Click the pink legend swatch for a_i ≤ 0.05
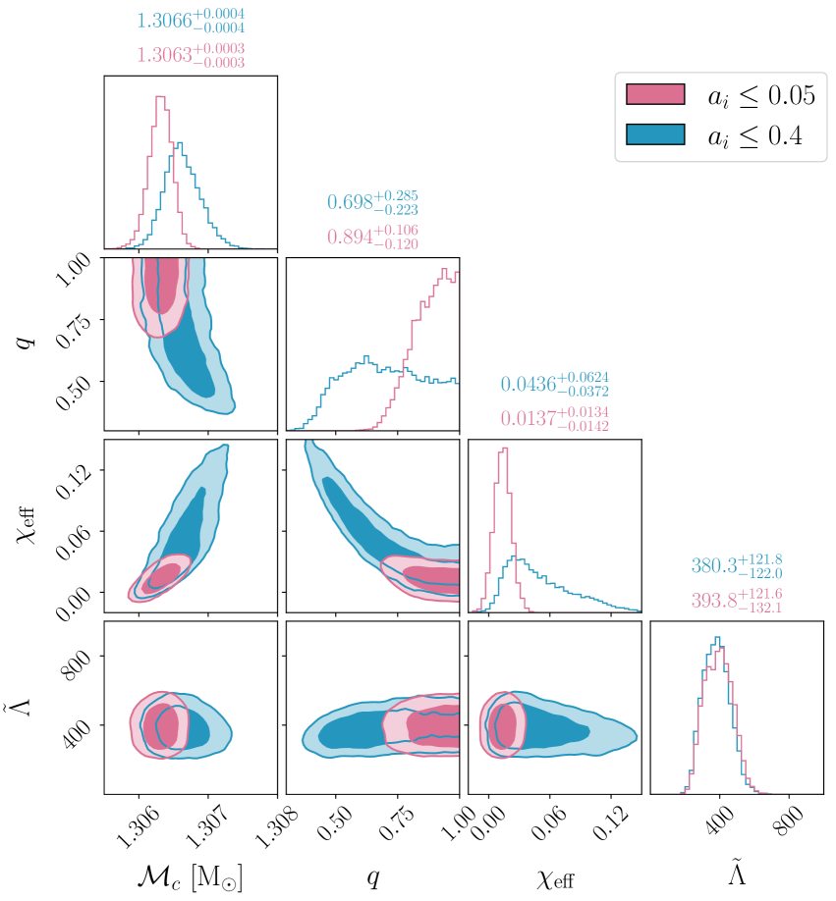(x=653, y=94)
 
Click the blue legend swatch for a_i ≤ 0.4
(x=653, y=136)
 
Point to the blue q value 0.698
(x=349, y=203)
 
